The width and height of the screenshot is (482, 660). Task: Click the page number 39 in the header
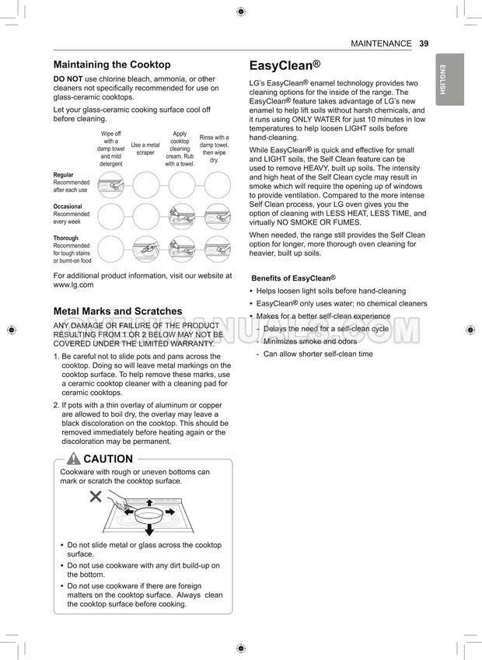423,44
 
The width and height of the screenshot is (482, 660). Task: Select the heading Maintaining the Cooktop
112,65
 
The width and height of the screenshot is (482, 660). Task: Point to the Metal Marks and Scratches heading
117,311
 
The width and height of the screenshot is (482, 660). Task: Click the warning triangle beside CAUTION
74,459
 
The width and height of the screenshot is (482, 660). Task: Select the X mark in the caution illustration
96,496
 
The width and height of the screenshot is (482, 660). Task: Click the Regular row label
64,176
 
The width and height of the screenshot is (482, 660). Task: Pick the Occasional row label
68,206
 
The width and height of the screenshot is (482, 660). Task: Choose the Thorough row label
66,239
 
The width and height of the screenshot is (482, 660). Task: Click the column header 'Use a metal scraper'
145,148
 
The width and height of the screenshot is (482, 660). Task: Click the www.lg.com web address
73,285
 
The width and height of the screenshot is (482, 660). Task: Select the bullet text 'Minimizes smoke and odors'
310,341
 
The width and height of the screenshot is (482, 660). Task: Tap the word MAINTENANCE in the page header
381,44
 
